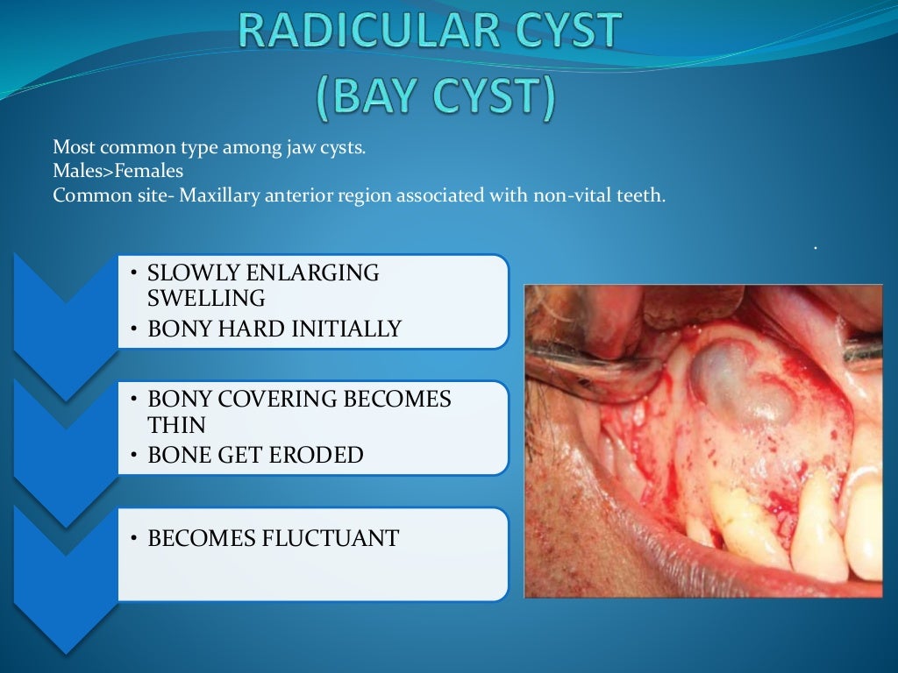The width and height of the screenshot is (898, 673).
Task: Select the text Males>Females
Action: click(x=118, y=172)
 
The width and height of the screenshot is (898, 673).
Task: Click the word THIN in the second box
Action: click(x=177, y=425)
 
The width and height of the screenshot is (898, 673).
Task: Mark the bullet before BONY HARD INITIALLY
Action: click(x=133, y=330)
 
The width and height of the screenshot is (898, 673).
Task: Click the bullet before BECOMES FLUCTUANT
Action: click(x=133, y=539)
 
